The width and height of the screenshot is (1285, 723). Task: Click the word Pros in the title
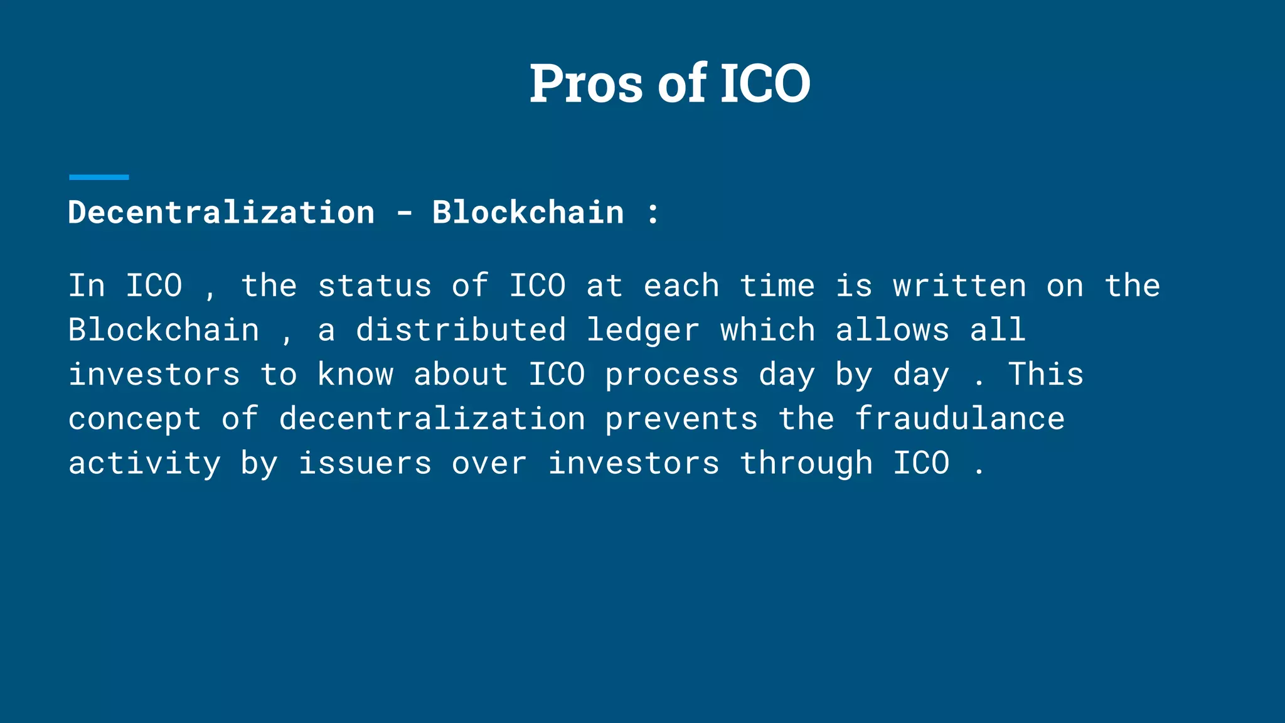point(586,83)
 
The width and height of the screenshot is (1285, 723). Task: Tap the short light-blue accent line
point(99,178)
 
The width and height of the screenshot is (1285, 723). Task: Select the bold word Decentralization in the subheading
point(221,212)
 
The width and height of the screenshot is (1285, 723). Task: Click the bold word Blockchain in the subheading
point(528,212)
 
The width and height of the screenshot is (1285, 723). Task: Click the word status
point(375,286)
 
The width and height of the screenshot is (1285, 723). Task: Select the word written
point(960,286)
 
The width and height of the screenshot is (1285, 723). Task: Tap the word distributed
point(461,330)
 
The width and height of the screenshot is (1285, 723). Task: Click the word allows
point(892,330)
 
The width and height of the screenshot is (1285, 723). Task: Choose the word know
point(356,375)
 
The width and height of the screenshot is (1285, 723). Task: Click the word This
point(1046,374)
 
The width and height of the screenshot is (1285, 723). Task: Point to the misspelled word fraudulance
point(960,419)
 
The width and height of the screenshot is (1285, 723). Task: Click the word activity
point(145,464)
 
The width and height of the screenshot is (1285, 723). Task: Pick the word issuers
point(365,463)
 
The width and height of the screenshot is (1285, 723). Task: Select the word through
point(806,464)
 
